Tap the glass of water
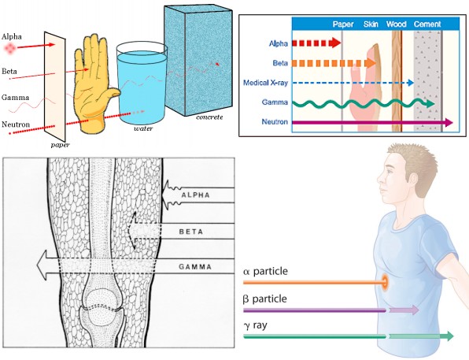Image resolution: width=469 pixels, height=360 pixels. tap(142, 84)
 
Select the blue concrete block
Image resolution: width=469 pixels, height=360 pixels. tap(198, 60)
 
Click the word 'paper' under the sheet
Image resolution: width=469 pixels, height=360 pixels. tap(60, 145)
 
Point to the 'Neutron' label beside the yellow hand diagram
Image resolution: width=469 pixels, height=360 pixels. tap(16, 124)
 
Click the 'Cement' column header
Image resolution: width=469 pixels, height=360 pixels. tap(427, 24)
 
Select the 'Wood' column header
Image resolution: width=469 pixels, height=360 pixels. tap(396, 24)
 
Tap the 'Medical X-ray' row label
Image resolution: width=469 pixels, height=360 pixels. tap(265, 83)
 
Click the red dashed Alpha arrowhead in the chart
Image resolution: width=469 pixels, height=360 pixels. tap(335, 43)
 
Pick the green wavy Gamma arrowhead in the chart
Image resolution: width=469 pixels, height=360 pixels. tap(430, 104)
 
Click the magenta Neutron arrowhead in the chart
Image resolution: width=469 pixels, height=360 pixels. tap(449, 122)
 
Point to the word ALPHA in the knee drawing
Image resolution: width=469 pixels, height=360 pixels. tap(196, 195)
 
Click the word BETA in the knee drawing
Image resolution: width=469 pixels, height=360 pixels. tap(191, 232)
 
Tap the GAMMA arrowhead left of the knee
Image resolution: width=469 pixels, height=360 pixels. tap(42, 265)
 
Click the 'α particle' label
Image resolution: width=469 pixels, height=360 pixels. tap(265, 272)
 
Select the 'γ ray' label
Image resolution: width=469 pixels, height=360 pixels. tap(256, 325)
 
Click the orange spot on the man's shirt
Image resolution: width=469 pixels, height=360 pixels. tap(384, 282)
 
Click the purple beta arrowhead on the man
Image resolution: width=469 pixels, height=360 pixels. tap(415, 310)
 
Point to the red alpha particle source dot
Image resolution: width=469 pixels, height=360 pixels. tap(10, 47)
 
